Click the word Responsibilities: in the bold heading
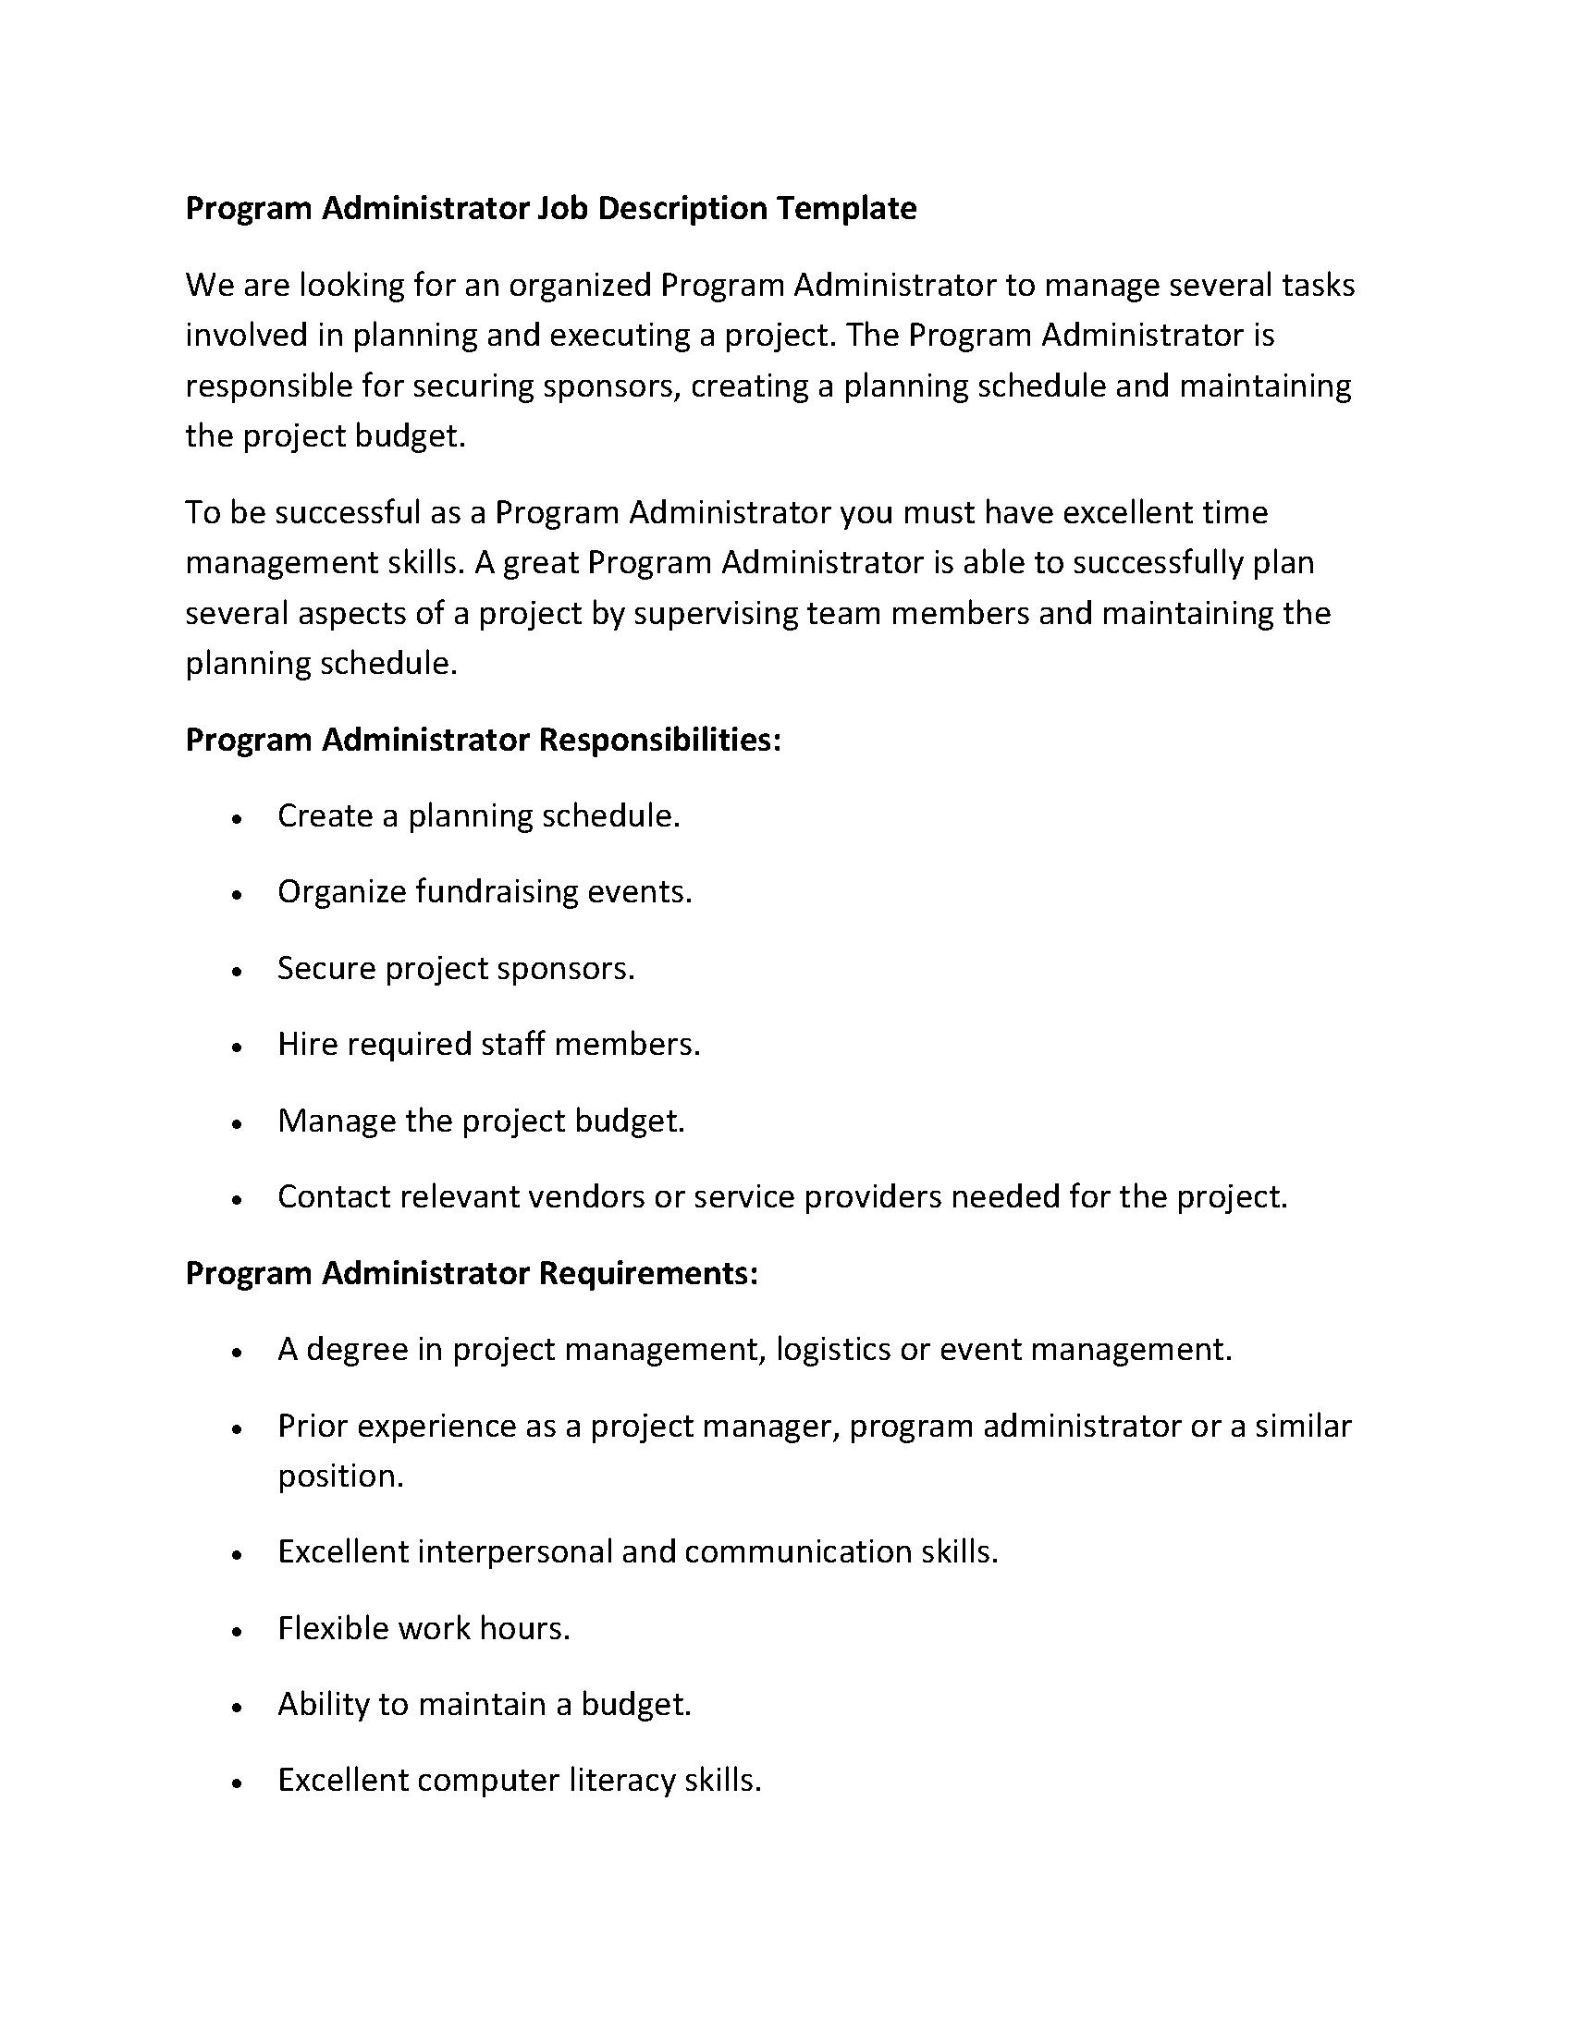659,740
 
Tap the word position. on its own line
341,1476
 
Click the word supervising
715,614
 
